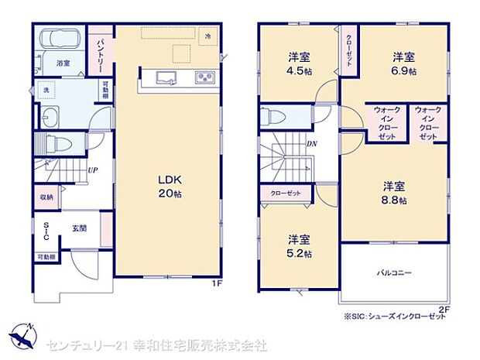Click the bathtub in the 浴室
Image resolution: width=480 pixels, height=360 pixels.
tap(58, 39)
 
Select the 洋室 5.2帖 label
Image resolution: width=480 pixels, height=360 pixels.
tap(298, 245)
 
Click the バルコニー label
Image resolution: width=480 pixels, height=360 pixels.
tap(394, 273)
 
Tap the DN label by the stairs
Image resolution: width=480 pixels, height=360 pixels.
tap(311, 144)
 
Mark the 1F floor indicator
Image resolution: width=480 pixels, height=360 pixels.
tap(218, 284)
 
